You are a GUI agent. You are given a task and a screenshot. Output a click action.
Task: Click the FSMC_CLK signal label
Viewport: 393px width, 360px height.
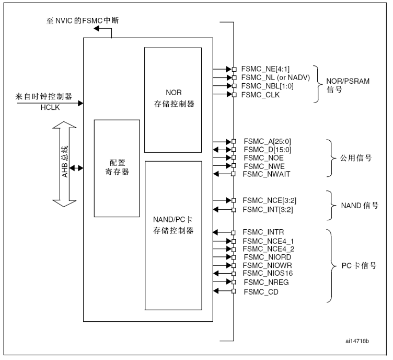(x=260, y=95)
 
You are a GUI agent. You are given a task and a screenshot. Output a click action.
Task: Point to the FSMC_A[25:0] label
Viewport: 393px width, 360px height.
(x=267, y=141)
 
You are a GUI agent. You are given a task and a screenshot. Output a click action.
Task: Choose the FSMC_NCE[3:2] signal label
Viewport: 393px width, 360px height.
(x=270, y=200)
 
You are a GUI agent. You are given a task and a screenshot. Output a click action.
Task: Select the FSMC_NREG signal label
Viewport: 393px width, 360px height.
(x=266, y=283)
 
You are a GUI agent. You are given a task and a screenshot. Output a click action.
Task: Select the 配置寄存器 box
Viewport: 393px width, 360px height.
(x=117, y=167)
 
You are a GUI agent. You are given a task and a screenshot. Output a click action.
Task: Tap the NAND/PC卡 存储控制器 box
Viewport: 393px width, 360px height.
(x=173, y=235)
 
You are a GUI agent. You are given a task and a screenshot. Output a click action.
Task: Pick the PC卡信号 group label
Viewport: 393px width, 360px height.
(x=355, y=265)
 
